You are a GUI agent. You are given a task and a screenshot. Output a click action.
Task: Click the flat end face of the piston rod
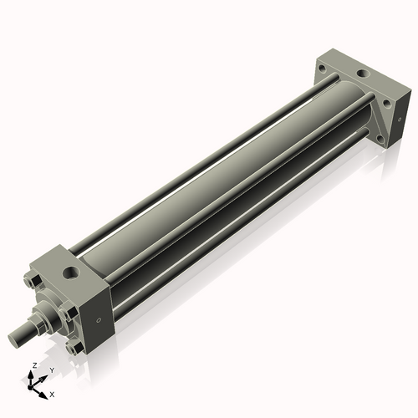14,339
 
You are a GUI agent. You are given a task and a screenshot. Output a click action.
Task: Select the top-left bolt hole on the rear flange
324,69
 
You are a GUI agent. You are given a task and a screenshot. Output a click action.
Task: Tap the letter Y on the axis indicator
51,370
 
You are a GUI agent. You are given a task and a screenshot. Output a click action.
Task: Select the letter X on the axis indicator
52,393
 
